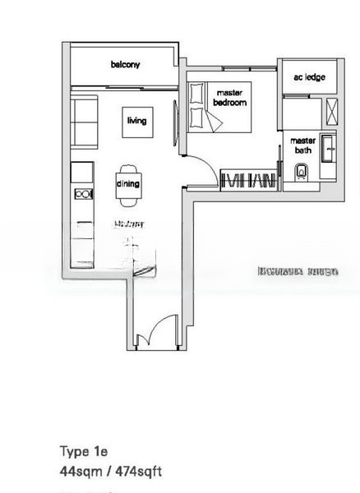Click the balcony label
126,64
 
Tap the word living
136,121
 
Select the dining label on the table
128,184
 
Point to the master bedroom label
230,98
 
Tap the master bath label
302,145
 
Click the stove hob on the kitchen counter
83,193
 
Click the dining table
128,184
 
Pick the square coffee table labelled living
136,121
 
